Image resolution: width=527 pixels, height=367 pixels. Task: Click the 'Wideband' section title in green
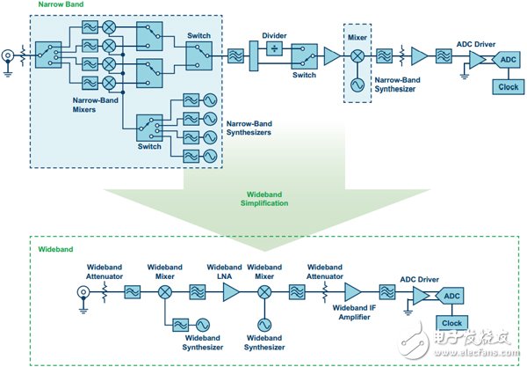[55, 250]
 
